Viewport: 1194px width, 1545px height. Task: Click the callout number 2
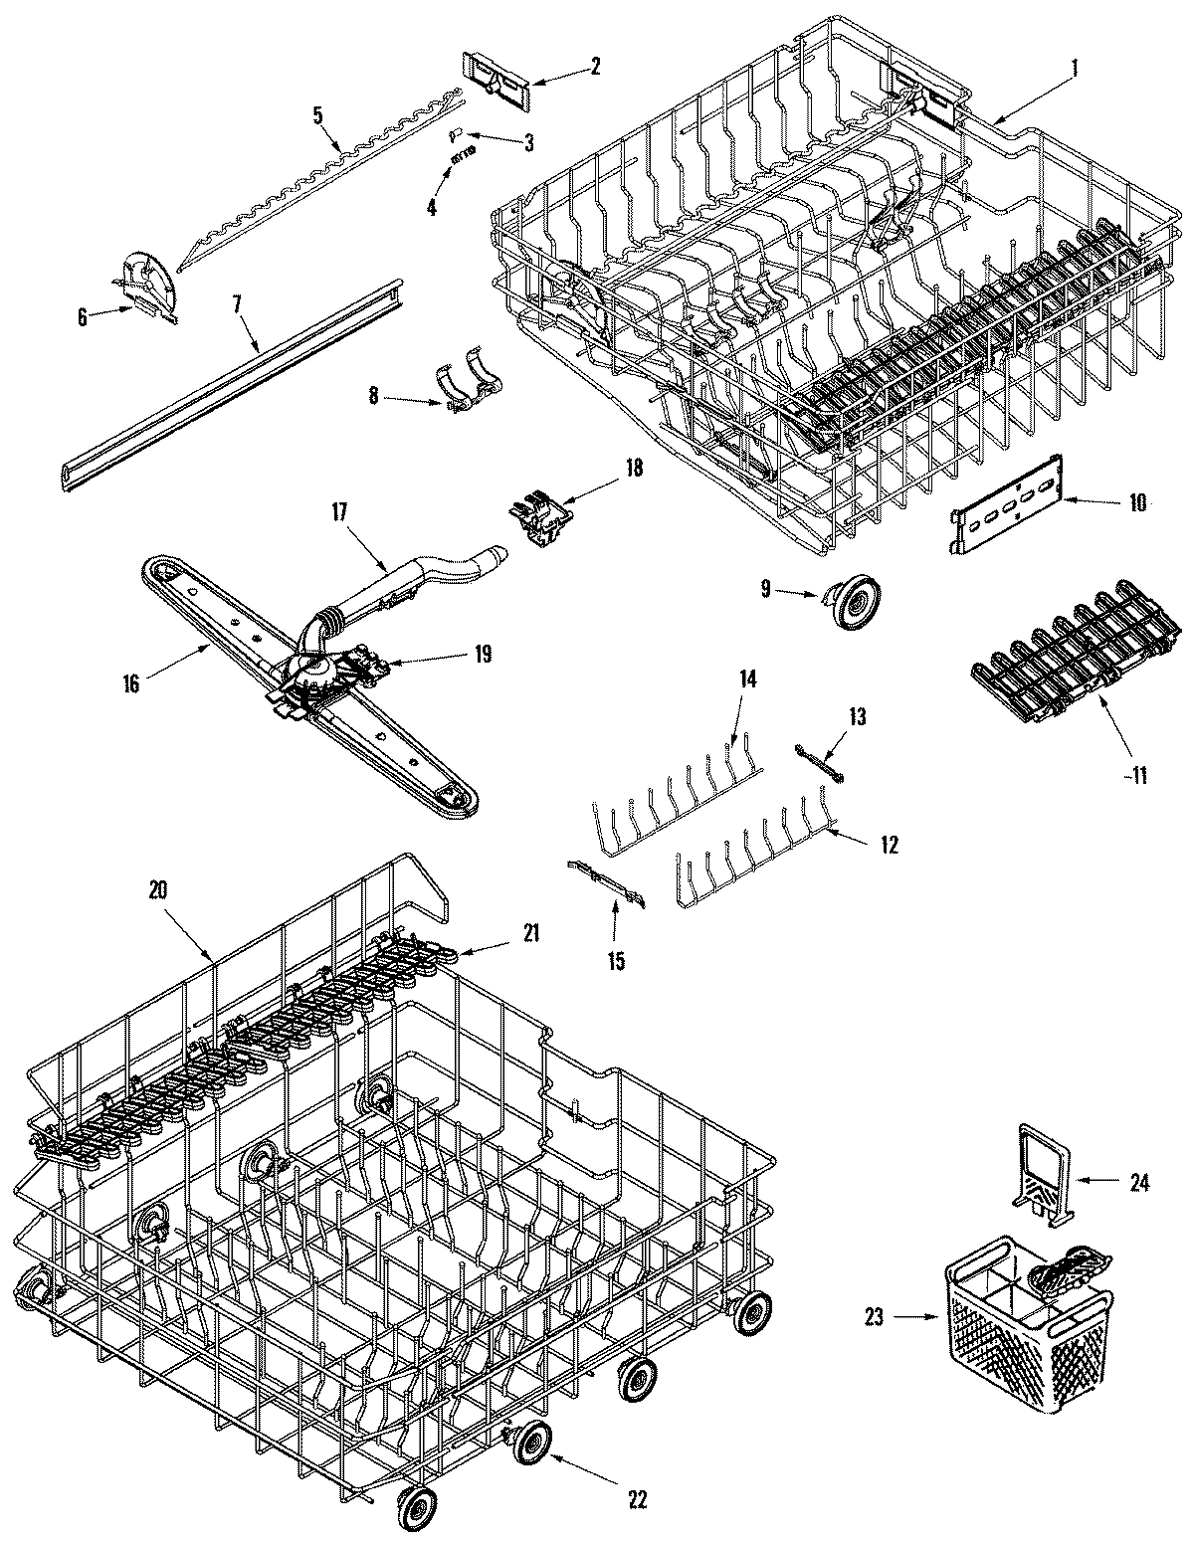(x=595, y=67)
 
